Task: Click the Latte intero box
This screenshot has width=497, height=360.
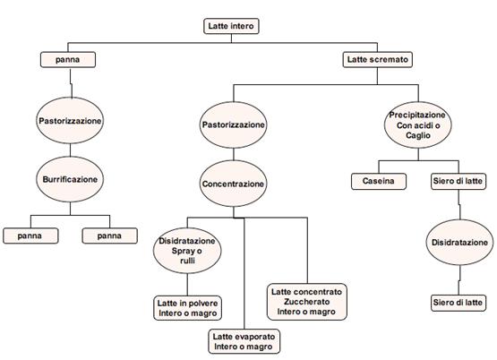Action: [x=231, y=26]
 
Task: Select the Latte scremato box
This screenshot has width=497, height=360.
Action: [x=378, y=60]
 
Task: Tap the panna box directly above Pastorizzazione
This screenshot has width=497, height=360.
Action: [x=68, y=60]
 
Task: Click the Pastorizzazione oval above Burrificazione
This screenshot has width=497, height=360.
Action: [x=70, y=120]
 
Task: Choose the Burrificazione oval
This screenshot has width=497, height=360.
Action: [x=70, y=179]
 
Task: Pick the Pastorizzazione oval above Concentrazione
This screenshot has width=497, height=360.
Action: [x=234, y=124]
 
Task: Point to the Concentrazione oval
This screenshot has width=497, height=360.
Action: [x=234, y=184]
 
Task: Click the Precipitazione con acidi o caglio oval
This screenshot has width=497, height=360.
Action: [x=418, y=124]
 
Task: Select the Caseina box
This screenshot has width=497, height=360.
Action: [x=379, y=181]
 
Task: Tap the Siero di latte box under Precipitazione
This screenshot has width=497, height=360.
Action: [x=458, y=181]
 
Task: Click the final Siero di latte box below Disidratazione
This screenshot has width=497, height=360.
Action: [x=458, y=303]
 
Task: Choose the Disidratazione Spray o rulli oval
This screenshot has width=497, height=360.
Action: [x=187, y=251]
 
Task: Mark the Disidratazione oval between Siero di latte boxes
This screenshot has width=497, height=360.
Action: [x=459, y=243]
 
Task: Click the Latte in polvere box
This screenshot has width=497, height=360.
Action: [x=187, y=308]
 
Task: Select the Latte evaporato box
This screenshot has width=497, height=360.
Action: [x=244, y=341]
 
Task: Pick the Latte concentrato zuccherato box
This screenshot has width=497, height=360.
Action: [x=307, y=302]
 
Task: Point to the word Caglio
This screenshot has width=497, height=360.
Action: [x=418, y=135]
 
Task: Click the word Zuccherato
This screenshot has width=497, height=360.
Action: [x=307, y=302]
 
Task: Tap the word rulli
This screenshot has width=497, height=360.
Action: [x=187, y=261]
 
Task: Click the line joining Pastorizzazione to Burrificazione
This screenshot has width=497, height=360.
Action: [x=70, y=150]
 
